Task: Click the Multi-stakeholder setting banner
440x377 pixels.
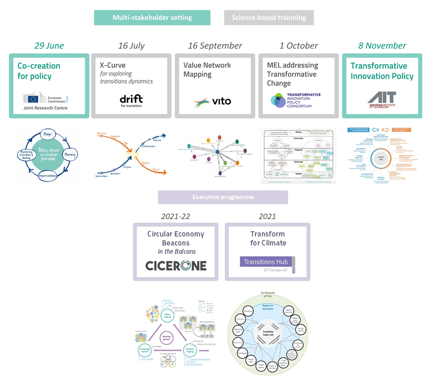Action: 152,18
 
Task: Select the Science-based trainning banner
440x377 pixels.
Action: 269,18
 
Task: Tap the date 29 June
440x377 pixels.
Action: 49,46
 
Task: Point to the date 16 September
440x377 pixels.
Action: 215,46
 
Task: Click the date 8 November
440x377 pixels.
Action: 382,46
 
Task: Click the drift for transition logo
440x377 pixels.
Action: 131,100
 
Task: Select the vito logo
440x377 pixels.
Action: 212,101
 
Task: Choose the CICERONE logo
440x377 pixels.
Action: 176,265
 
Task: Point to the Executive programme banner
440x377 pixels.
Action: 223,197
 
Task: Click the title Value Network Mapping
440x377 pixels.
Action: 207,70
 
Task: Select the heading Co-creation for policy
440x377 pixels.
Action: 39,71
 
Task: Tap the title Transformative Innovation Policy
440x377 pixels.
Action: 382,71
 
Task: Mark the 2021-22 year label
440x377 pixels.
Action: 176,216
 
